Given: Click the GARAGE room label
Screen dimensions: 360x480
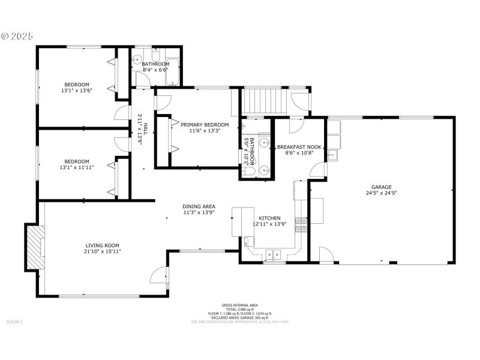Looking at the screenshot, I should [381, 187].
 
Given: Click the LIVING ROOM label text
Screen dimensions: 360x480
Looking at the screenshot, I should [103, 245].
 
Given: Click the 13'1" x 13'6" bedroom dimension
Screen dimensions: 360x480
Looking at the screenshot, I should [77, 91].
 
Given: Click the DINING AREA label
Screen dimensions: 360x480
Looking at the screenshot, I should [199, 206].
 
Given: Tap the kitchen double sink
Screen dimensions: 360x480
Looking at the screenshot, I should [274, 253].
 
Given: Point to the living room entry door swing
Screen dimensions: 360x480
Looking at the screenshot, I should [158, 275].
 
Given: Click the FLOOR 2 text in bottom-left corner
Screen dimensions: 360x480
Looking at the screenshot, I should [14, 322].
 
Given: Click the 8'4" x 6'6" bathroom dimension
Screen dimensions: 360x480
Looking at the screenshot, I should [155, 70].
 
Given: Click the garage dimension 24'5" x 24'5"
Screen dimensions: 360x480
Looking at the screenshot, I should [381, 193].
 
